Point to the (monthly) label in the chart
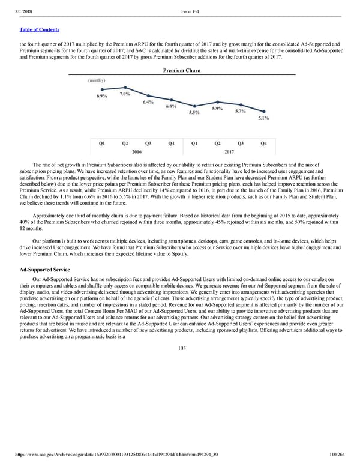coord(97,80)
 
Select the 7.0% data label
coord(125,94)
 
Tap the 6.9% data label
coord(101,96)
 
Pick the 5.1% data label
coord(263,118)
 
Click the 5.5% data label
coord(194,112)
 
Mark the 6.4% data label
coord(148,102)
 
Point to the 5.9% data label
coord(217,109)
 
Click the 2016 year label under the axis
coord(136,152)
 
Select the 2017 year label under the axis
coord(229,152)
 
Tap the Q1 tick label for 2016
coord(101,143)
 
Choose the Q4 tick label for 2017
coord(263,143)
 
